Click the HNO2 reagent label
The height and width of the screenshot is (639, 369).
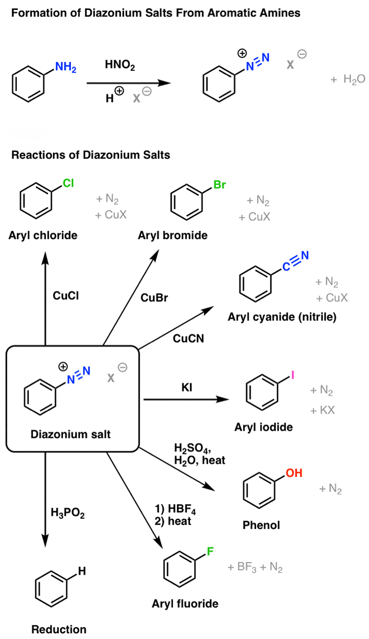119,66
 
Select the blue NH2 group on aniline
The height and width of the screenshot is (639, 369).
66,68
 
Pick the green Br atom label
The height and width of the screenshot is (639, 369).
220,185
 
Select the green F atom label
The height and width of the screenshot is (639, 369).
210,552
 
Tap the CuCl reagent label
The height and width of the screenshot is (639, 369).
66,295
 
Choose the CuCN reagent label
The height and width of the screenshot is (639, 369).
188,338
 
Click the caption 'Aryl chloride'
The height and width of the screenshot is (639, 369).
43,235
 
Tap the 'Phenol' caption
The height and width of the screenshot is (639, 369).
261,525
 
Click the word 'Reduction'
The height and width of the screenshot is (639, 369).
59,630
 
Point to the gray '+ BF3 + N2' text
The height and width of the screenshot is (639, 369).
255,568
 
